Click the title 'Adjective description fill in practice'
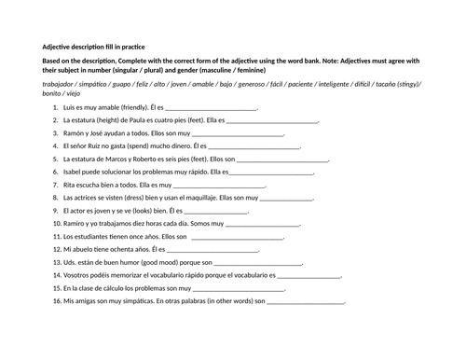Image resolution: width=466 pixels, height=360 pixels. [92, 47]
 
